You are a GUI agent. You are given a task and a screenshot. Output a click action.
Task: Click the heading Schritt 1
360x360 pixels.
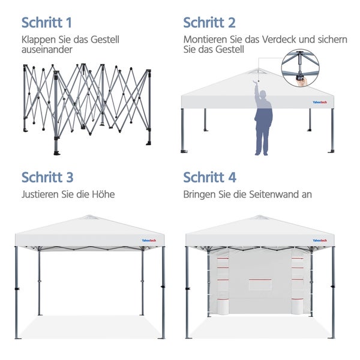[47, 23]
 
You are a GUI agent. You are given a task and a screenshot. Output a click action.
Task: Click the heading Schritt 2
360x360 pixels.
[209, 23]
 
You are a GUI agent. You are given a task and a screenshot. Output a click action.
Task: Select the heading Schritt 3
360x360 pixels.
[47, 177]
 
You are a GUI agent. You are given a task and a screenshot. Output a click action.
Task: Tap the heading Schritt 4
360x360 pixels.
[209, 177]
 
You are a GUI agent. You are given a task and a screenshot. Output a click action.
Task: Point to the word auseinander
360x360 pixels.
[47, 50]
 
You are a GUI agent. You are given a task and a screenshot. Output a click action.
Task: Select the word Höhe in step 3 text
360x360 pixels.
[103, 194]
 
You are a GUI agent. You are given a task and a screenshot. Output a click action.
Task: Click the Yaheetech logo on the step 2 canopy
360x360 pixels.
[319, 101]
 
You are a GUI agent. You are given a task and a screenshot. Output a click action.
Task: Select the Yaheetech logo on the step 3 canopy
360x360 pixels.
[151, 241]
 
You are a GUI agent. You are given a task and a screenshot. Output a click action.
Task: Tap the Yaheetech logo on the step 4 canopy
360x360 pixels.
[319, 241]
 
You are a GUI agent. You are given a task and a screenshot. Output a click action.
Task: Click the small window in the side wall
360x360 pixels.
[260, 284]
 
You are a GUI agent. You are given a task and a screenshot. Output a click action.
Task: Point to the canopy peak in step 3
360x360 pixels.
[91, 218]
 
